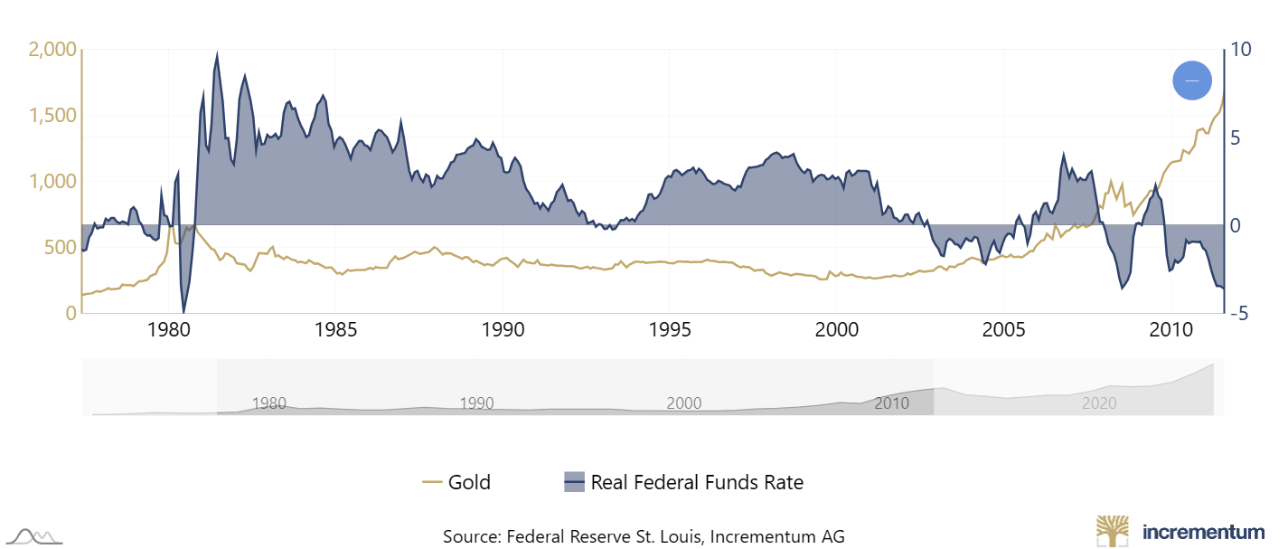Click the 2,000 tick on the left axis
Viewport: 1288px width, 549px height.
click(52, 50)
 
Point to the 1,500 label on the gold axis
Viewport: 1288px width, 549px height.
click(53, 116)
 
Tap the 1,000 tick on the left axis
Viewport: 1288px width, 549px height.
click(53, 182)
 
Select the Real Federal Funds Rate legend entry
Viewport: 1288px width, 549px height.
click(683, 482)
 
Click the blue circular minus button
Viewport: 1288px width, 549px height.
click(1191, 80)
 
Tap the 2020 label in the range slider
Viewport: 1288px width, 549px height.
click(1100, 403)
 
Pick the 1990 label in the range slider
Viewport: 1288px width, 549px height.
click(476, 403)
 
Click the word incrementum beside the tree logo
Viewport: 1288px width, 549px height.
click(1203, 531)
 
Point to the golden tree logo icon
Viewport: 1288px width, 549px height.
click(1114, 532)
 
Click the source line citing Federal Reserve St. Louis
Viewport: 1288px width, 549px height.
click(644, 536)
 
